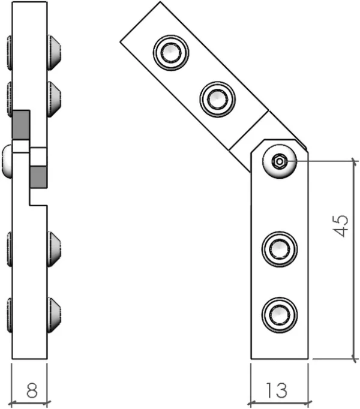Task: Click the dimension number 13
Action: click(x=277, y=390)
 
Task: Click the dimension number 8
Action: click(x=32, y=390)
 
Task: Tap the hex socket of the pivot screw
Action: click(x=280, y=162)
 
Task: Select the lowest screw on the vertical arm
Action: click(x=280, y=315)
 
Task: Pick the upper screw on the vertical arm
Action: click(x=280, y=249)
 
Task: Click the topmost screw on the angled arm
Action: click(x=171, y=53)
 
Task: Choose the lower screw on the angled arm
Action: click(x=217, y=100)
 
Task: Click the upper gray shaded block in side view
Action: click(x=21, y=125)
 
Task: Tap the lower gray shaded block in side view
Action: click(x=38, y=178)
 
